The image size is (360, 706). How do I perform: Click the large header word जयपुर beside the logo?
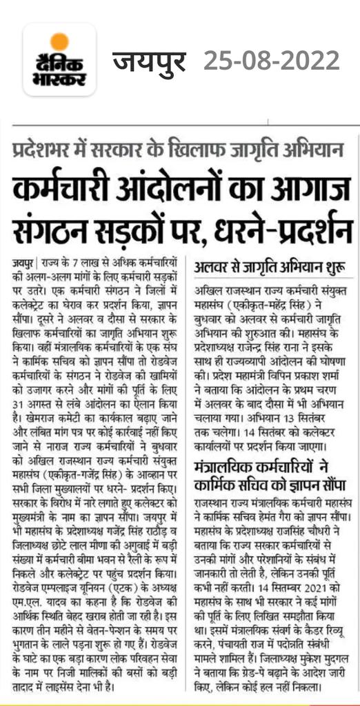pos(150,63)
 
